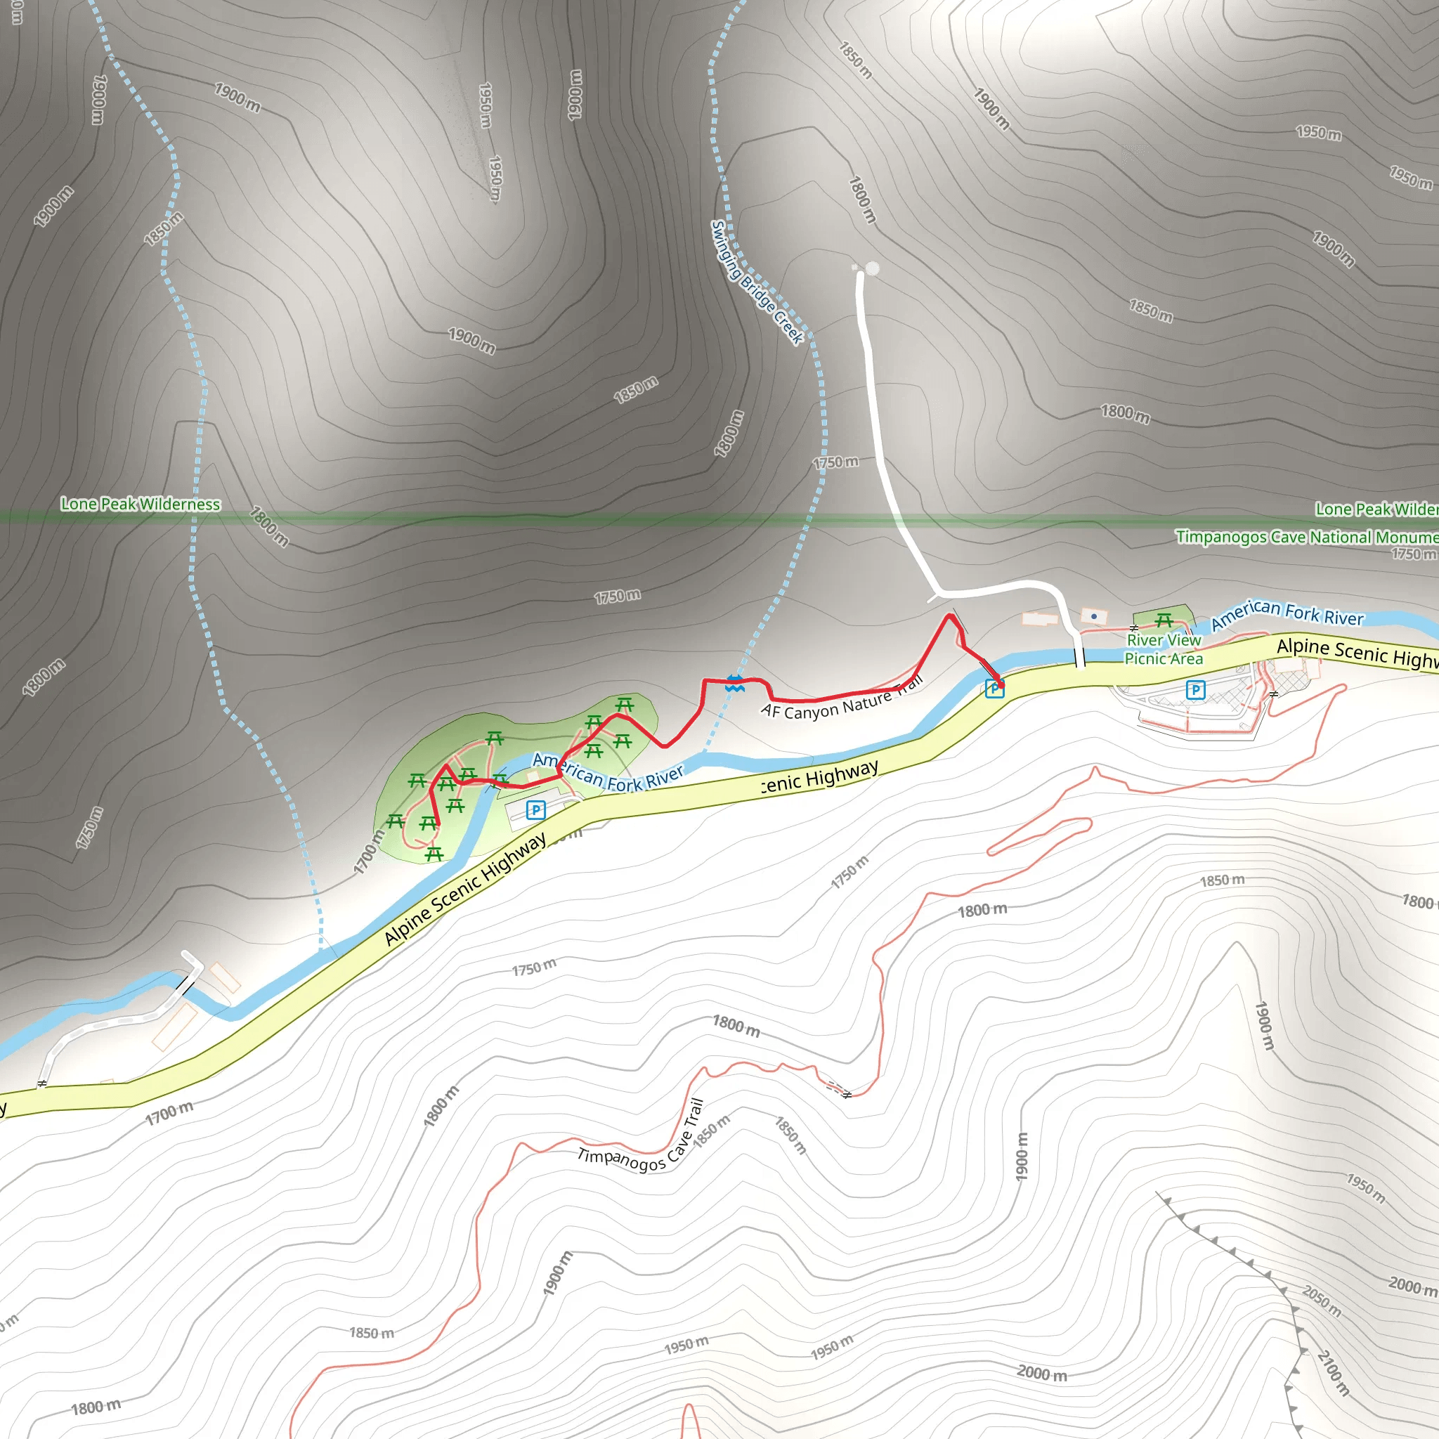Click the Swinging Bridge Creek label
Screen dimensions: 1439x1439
tap(757, 283)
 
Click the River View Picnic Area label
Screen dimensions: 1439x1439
tap(1164, 649)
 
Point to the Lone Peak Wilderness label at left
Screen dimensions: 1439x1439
tap(140, 504)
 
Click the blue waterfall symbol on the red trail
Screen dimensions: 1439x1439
tap(734, 684)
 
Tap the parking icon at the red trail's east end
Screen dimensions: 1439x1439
tap(994, 689)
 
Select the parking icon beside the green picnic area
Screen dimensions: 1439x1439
tap(535, 809)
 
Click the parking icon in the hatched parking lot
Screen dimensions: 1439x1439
tap(1195, 691)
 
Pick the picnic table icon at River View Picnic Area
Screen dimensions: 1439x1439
tap(1164, 620)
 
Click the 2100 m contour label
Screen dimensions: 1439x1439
tap(1333, 1373)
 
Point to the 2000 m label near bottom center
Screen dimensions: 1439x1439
tap(1042, 1374)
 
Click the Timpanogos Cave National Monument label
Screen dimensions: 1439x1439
tap(1306, 537)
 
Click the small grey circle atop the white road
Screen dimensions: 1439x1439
tap(872, 268)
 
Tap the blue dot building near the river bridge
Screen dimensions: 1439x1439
tap(1093, 617)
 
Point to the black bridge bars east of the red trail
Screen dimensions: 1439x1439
tap(1079, 658)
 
